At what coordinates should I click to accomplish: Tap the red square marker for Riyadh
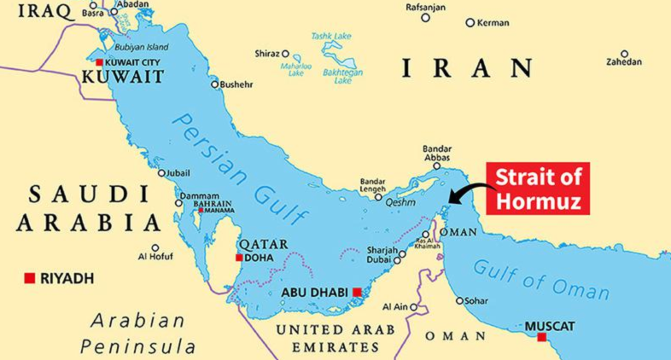tap(30, 278)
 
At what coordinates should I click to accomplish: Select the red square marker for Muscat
tap(541, 338)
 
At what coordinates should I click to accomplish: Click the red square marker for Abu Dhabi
tap(356, 292)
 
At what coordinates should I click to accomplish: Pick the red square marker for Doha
tap(239, 257)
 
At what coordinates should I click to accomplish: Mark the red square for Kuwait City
tap(100, 63)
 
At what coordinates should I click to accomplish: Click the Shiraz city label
tap(266, 54)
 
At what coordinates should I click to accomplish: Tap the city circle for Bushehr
tap(215, 84)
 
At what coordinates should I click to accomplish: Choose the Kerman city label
tap(493, 23)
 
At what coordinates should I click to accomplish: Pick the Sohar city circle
tap(459, 300)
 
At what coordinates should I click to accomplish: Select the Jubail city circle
tap(161, 173)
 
